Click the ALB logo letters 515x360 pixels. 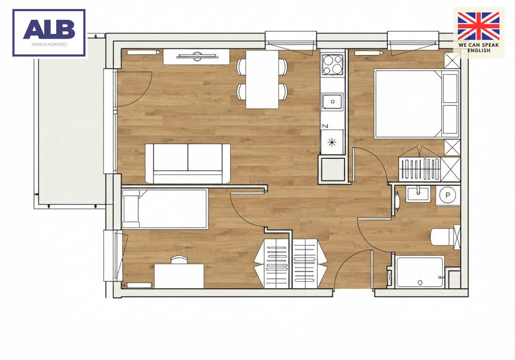49,29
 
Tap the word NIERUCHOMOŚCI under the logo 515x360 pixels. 49,44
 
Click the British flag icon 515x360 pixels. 479,26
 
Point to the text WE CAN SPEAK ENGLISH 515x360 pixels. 479,48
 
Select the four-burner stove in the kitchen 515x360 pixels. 333,65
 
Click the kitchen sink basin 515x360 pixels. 332,102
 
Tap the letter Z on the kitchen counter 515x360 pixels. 325,126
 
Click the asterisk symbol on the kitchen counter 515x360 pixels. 332,142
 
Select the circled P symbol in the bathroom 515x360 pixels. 448,195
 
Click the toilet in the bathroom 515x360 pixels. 445,237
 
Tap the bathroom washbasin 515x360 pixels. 418,194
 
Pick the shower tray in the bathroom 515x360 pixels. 420,272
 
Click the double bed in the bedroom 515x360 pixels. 417,104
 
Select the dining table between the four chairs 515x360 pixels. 262,79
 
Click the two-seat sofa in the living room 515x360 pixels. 188,163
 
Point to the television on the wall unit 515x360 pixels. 197,56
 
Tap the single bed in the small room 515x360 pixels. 165,209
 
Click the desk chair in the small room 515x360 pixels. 179,259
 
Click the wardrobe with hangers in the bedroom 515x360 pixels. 420,169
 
